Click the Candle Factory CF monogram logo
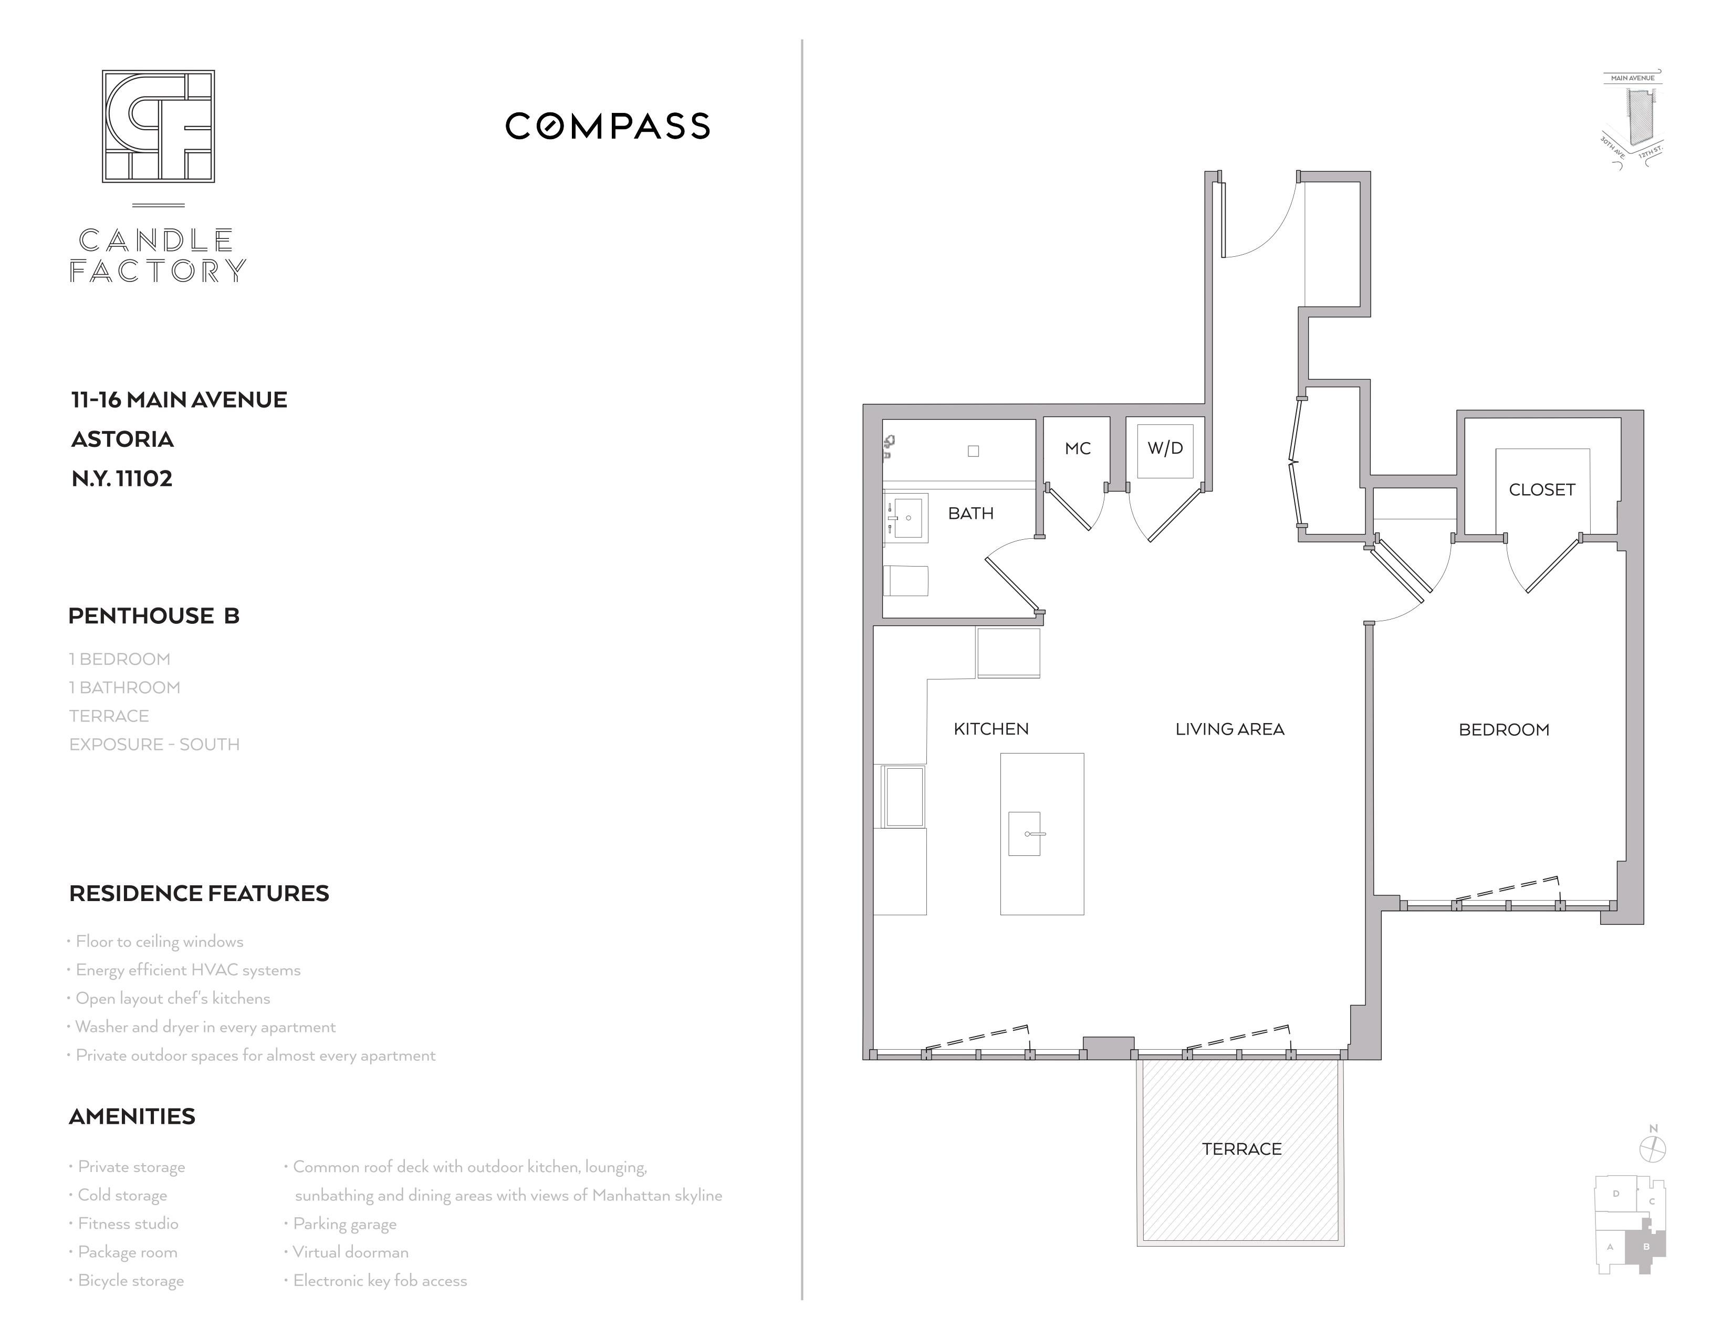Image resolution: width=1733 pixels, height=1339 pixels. coord(158,126)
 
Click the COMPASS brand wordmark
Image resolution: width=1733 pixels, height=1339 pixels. coord(608,126)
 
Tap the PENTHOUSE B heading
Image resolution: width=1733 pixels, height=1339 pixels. coord(154,615)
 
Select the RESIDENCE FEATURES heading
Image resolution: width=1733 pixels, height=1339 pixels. coord(199,893)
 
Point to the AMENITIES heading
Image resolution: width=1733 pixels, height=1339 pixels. coord(132,1116)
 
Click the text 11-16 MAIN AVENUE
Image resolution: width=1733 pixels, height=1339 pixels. coord(179,400)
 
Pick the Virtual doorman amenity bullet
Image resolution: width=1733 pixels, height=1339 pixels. coord(347,1252)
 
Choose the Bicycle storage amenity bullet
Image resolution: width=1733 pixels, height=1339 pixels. coord(127,1280)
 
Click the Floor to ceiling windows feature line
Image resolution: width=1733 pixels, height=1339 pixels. coord(156,942)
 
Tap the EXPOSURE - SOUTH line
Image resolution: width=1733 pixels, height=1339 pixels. coord(155,744)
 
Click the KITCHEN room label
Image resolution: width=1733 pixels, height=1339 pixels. coord(991,729)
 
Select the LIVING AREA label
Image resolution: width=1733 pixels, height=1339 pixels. coord(1230,729)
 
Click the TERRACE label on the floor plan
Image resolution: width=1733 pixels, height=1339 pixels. coord(1242,1148)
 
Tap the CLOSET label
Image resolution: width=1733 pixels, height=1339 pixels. coord(1542,489)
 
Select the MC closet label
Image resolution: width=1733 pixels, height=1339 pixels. coord(1078,448)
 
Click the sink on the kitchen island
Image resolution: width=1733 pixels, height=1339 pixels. coord(1025,834)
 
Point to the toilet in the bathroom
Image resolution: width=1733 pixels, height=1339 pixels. coord(905,581)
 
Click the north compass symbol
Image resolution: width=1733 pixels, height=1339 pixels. coord(1653,1148)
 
